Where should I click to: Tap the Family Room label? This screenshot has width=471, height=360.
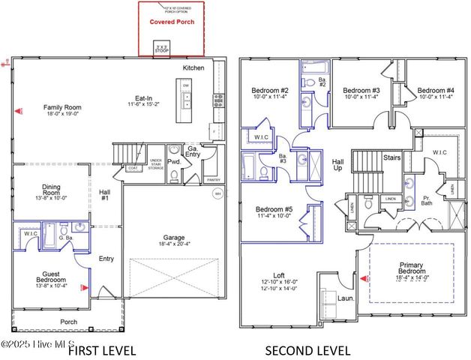pyautogui.click(x=62, y=108)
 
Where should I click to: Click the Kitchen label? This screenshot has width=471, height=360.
pyautogui.click(x=193, y=67)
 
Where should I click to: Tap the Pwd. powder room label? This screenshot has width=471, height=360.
pyautogui.click(x=174, y=161)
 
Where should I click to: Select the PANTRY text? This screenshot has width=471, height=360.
pyautogui.click(x=213, y=180)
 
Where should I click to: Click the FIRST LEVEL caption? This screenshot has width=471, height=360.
pyautogui.click(x=102, y=350)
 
